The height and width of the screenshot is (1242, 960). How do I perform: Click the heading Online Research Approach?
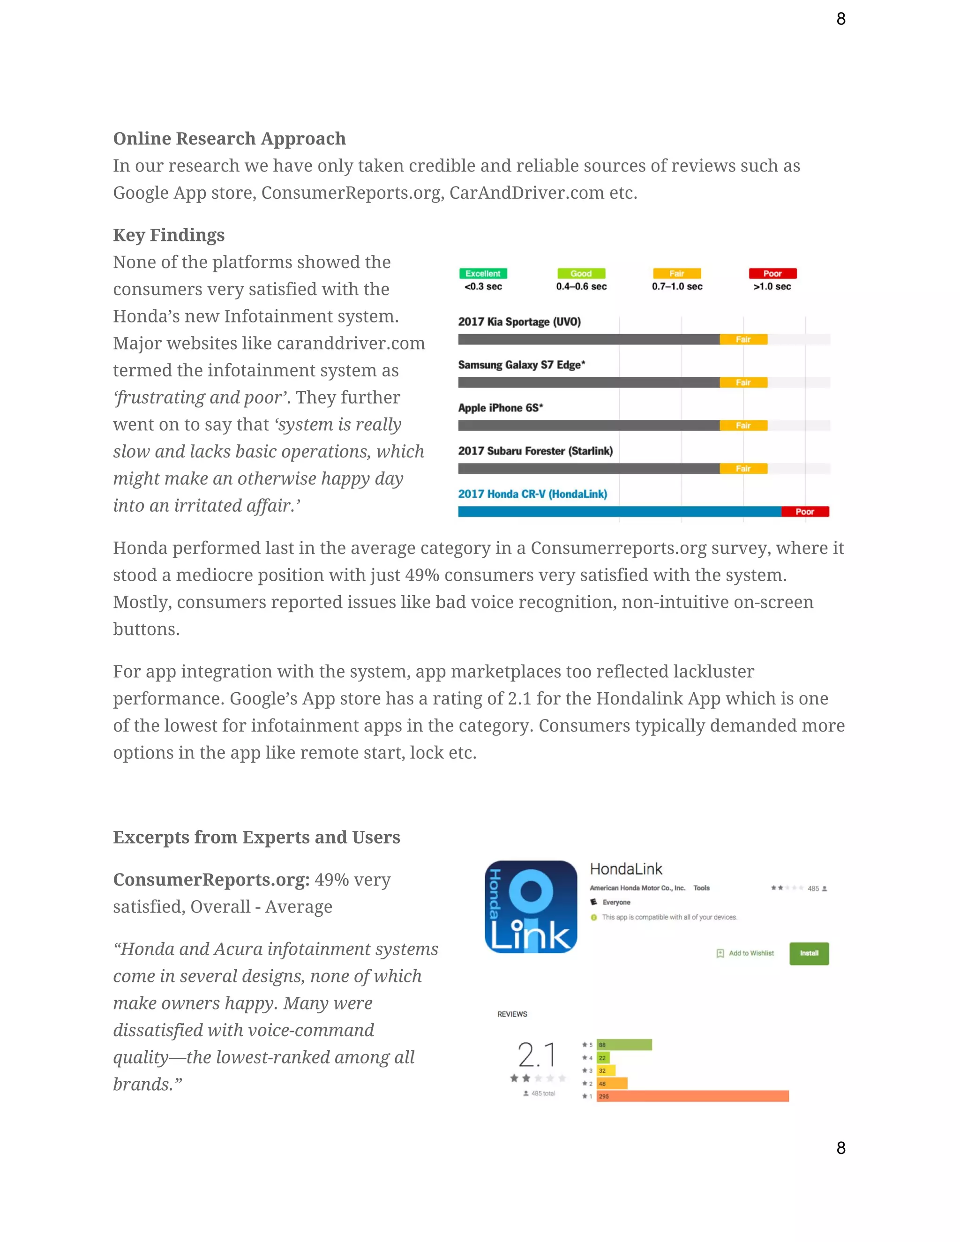pos(229,138)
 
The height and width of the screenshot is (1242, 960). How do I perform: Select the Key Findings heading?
pos(168,235)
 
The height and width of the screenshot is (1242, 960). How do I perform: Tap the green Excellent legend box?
pos(483,274)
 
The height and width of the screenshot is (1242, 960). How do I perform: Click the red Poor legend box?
pos(772,274)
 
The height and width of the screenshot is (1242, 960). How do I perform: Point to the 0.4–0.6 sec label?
pos(581,287)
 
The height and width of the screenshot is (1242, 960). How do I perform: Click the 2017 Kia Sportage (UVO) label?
pos(519,322)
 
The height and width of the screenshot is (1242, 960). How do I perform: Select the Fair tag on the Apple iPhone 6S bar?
pos(743,426)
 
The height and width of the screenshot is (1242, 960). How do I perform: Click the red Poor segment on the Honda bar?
pos(805,512)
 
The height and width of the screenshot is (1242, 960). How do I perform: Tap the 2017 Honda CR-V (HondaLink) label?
pos(532,494)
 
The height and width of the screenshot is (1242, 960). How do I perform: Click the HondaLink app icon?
pos(531,906)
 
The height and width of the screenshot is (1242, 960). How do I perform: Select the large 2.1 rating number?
pos(536,1055)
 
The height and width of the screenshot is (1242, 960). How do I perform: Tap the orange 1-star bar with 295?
pos(692,1096)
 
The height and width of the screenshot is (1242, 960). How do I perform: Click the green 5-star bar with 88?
pos(624,1045)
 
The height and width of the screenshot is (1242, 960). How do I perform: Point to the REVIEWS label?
pos(512,1014)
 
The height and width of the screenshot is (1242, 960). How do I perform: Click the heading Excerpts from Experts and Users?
pos(256,837)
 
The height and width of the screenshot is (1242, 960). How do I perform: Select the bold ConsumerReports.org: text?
pos(211,880)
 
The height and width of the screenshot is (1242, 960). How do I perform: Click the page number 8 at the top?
pos(840,19)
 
